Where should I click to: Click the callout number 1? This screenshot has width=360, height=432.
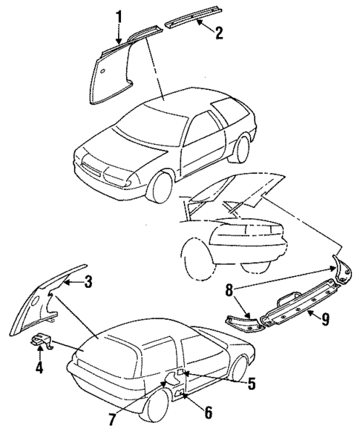point(118,14)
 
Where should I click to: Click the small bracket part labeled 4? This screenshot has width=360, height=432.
point(43,344)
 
